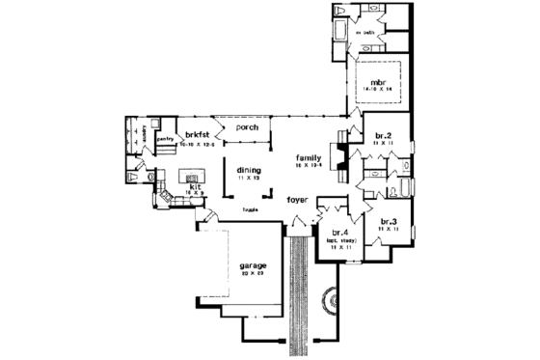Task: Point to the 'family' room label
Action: (x=308, y=156)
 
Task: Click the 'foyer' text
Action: (x=298, y=200)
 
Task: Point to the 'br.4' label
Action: (x=338, y=233)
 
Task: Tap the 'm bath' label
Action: (x=364, y=34)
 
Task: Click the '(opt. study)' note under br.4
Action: (x=340, y=240)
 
